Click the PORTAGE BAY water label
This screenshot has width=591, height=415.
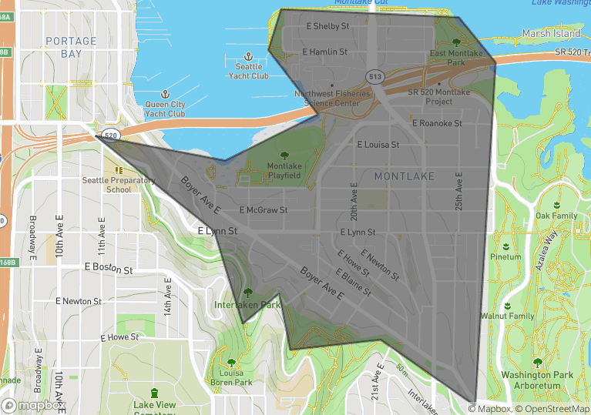pos(71,47)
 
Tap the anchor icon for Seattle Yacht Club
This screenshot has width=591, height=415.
pos(248,56)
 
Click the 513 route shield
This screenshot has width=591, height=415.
pos(375,76)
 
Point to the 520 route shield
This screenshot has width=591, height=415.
pos(111,135)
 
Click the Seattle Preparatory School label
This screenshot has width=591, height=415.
pos(119,185)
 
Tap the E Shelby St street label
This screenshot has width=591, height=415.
pos(327,26)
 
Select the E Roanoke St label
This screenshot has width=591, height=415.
pos(437,123)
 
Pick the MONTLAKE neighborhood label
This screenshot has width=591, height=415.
pos(405,176)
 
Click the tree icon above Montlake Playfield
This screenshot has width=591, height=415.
pos(284,155)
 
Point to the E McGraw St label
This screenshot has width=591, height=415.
pos(264,209)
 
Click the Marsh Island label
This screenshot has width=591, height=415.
pos(551,34)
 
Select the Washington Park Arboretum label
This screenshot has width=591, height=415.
pos(536,380)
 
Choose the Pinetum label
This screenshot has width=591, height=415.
pos(505,257)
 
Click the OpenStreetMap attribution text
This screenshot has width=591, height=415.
pos(553,409)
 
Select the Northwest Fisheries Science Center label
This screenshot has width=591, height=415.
pos(327,99)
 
